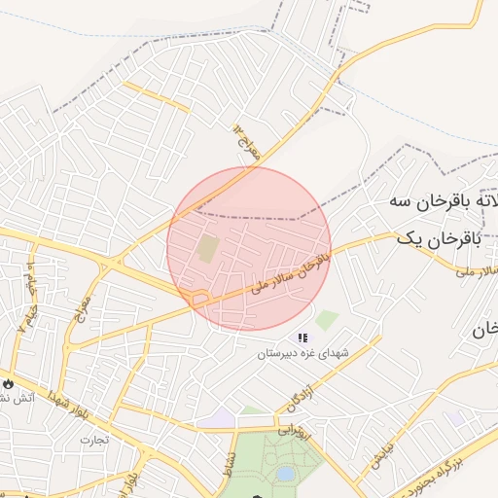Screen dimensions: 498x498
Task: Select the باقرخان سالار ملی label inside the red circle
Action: [290, 269]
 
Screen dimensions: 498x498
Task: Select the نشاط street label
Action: [230, 455]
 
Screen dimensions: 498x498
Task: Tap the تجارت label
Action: [94, 440]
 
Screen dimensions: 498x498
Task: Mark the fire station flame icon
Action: [8, 383]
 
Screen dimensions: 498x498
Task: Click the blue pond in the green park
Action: [284, 474]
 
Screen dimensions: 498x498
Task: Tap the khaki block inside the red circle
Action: [207, 248]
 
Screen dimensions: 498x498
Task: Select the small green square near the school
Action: [327, 319]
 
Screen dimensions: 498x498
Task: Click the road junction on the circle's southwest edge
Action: [199, 299]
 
